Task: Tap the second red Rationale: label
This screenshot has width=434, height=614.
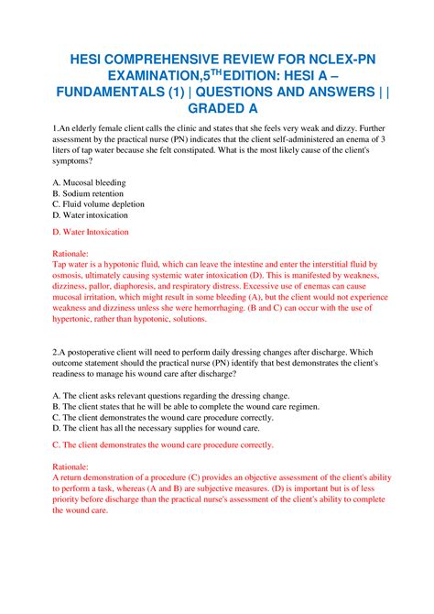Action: pyautogui.click(x=71, y=466)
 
